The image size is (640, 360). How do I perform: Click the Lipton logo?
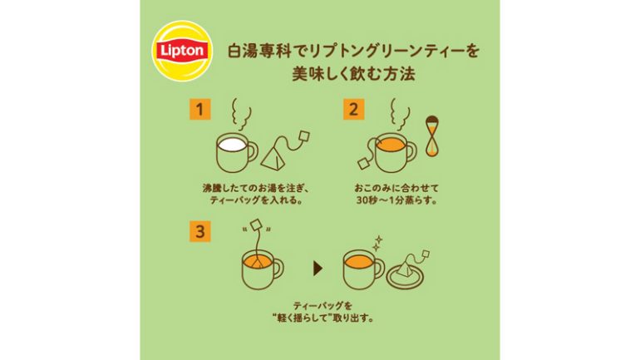(x=182, y=51)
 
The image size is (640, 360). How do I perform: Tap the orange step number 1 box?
(x=200, y=110)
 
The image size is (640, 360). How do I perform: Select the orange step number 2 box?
(x=353, y=110)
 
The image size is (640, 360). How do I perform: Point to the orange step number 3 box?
(x=200, y=231)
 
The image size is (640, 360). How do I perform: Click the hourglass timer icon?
(x=432, y=136)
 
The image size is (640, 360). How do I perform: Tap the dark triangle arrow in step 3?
(x=318, y=269)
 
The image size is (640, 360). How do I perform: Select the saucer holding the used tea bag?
(x=405, y=278)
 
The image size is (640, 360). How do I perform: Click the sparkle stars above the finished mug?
(x=377, y=243)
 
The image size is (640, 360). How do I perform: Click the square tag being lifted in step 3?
(x=256, y=225)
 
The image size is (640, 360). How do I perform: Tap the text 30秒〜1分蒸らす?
(x=396, y=201)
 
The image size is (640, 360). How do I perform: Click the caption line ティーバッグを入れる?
(x=256, y=201)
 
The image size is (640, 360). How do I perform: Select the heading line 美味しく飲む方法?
(x=353, y=74)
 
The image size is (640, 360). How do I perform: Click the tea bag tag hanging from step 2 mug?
(x=364, y=163)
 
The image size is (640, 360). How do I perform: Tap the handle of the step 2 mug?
(x=411, y=151)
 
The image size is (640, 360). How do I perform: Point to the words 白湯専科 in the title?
(x=259, y=52)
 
